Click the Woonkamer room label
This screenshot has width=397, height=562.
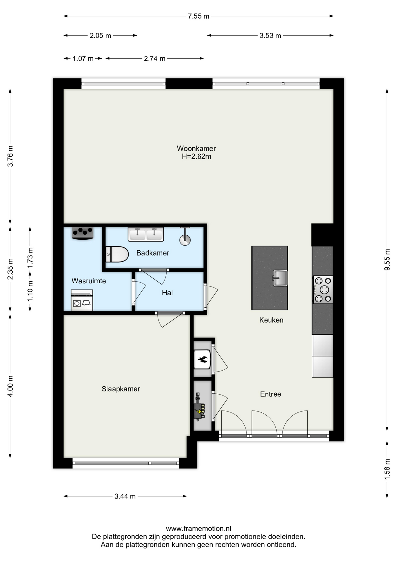tap(196, 148)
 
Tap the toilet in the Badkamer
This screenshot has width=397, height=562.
tap(117, 254)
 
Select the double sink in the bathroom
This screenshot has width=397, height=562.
tap(146, 234)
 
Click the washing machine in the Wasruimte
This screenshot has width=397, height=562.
tap(82, 300)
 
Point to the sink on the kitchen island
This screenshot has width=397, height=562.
tap(280, 278)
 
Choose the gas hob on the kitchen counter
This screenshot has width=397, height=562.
tap(323, 290)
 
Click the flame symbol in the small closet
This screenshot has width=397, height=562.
tap(202, 359)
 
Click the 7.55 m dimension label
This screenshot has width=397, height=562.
tap(198, 16)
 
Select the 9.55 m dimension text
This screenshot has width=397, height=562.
tap(387, 260)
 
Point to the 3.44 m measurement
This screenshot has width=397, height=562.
tap(125, 496)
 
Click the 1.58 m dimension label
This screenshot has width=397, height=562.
tap(387, 469)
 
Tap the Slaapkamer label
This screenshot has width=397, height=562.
tap(121, 389)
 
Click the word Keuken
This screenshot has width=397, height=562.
tap(271, 320)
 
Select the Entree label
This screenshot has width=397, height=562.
tap(270, 394)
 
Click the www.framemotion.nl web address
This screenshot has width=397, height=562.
tap(198, 529)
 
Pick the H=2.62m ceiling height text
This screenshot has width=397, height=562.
tap(196, 157)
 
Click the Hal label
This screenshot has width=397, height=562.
tap(167, 293)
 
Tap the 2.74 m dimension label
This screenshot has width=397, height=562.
tap(155, 59)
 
